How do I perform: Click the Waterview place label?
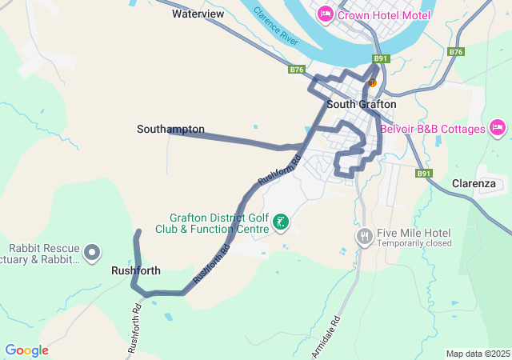pos(198,14)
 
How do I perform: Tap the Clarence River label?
pos(277,26)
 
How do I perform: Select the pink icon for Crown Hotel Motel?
pos(326,14)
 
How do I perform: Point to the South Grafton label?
pos(361,104)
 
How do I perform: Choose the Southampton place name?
pos(170,129)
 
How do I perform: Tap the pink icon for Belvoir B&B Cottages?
pos(497,128)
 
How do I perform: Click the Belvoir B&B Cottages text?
pos(433,129)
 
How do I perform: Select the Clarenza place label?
pos(474,183)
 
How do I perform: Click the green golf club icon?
pos(281,222)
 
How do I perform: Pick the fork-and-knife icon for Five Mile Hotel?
pos(364,235)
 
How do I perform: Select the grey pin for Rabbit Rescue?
pos(92,253)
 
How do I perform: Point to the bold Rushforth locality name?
pos(135,270)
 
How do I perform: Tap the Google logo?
pos(26,350)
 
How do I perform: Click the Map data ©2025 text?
pos(477,354)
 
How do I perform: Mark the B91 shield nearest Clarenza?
pos(424,173)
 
